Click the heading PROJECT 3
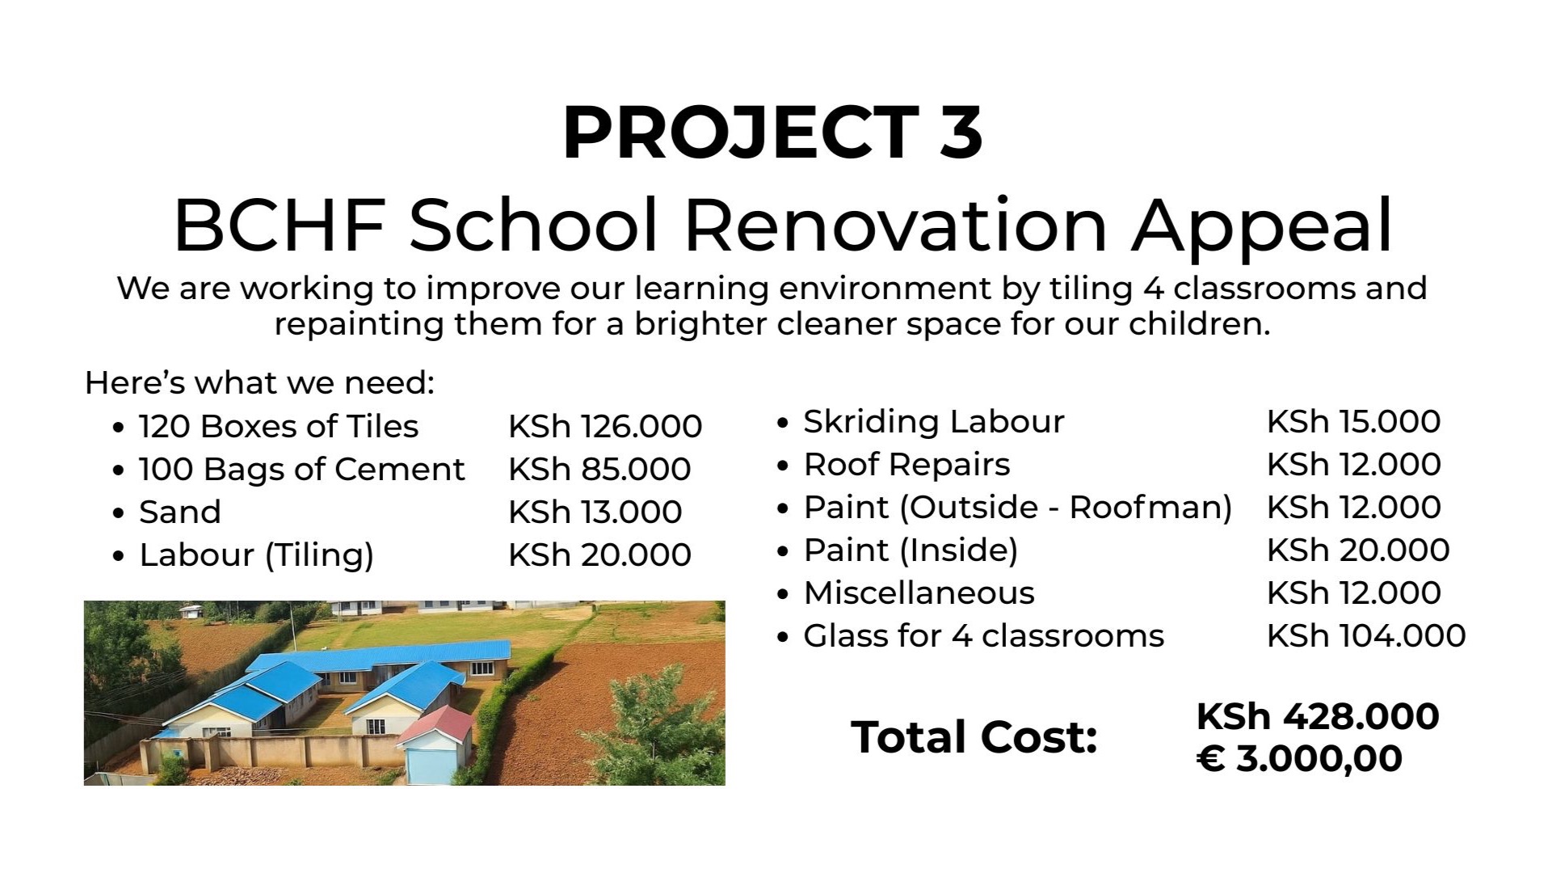pyautogui.click(x=772, y=132)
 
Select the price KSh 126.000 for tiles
pyautogui.click(x=605, y=426)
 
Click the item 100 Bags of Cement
pyautogui.click(x=301, y=469)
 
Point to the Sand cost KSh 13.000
pyautogui.click(x=595, y=512)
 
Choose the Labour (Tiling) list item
pyautogui.click(x=256, y=555)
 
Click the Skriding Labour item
pyautogui.click(x=933, y=421)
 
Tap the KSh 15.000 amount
pyautogui.click(x=1353, y=421)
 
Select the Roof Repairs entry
pyautogui.click(x=907, y=465)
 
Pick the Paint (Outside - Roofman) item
pyautogui.click(x=1017, y=508)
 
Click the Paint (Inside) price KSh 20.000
pyautogui.click(x=1358, y=550)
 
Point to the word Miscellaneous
pyautogui.click(x=919, y=593)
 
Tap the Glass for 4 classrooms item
pyautogui.click(x=983, y=635)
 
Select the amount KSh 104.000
pyautogui.click(x=1366, y=635)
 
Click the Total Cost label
pyautogui.click(x=974, y=737)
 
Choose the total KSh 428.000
pyautogui.click(x=1318, y=716)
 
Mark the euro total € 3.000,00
pyautogui.click(x=1299, y=758)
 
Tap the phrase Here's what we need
pyautogui.click(x=259, y=382)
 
